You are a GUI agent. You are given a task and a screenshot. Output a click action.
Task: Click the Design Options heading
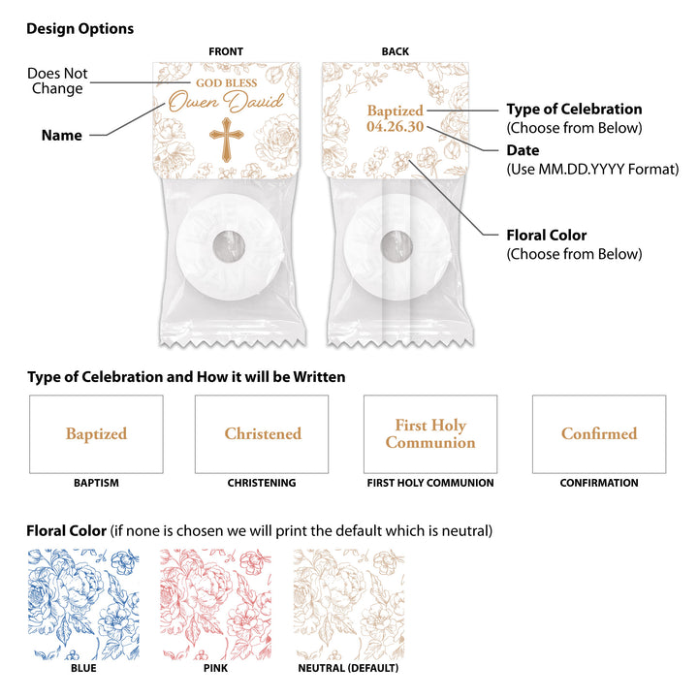80,29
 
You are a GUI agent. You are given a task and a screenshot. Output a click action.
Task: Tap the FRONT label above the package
226,51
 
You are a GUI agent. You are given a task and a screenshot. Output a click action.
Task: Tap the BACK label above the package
396,51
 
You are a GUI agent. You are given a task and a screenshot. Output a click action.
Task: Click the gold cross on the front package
227,140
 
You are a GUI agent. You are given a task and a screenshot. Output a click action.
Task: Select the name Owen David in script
226,102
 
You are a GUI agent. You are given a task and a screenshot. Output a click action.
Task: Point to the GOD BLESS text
227,82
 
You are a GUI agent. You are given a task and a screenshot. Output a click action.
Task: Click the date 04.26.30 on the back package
396,126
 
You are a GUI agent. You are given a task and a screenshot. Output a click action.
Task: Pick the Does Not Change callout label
57,80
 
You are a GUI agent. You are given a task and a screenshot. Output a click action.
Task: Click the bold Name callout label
62,136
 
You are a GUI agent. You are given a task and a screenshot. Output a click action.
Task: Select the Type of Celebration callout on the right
574,109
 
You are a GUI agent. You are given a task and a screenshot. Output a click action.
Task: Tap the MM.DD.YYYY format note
592,169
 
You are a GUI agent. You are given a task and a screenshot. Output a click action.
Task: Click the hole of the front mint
229,246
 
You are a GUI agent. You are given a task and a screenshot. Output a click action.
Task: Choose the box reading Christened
262,434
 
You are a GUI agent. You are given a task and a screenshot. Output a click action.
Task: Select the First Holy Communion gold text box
430,434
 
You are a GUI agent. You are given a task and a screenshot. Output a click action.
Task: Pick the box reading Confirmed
599,434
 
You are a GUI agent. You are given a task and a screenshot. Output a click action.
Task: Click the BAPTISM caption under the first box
96,483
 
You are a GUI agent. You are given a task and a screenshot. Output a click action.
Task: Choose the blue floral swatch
83,605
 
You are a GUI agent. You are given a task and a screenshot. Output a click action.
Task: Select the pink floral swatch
216,605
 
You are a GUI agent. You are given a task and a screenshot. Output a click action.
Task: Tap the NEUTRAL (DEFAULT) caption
348,668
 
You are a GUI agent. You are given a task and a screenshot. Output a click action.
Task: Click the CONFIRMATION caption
599,483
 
